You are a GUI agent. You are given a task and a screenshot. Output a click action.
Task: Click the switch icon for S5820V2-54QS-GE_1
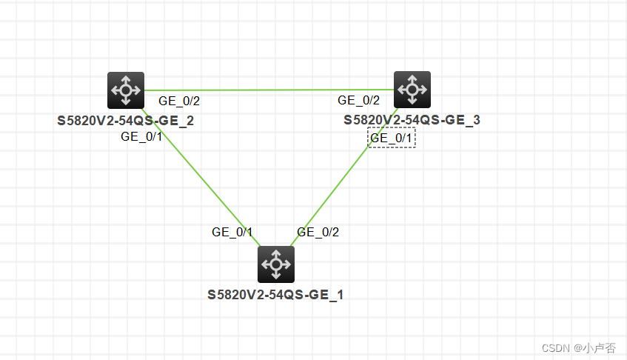coord(276,264)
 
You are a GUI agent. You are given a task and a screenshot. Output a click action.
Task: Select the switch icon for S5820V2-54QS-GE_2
coord(125,90)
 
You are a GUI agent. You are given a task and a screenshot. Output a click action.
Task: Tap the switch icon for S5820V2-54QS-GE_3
coord(412,90)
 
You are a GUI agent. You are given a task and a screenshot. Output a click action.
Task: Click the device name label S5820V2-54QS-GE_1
coord(275,295)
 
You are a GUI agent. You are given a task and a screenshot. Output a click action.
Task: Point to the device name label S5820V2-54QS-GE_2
coord(126,120)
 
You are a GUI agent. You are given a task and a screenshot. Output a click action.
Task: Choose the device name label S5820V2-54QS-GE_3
coord(412,120)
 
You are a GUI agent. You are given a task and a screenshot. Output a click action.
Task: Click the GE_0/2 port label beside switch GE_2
coord(179,101)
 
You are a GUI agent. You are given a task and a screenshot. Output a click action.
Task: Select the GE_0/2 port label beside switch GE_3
coord(358,100)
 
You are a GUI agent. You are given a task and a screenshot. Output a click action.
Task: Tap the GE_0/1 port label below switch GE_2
coord(141,136)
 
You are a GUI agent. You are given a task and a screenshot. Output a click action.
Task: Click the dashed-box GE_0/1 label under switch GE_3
coord(392,137)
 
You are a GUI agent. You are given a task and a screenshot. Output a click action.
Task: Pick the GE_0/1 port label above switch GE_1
coord(232,232)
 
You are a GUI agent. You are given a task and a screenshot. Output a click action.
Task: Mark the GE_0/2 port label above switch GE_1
coord(318,232)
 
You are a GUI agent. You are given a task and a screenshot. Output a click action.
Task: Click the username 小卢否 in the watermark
coord(598,348)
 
